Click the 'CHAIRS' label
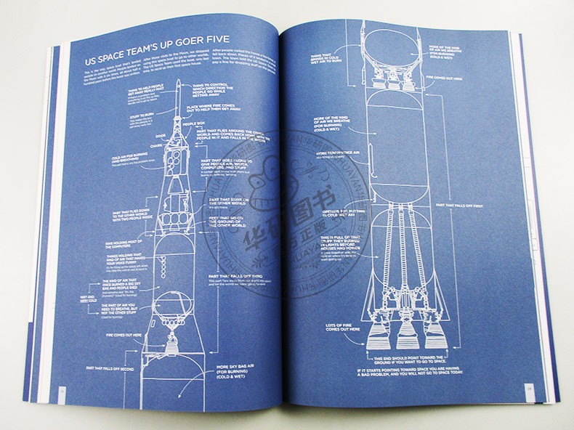pos(153,145)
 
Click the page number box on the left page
pos(61,393)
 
